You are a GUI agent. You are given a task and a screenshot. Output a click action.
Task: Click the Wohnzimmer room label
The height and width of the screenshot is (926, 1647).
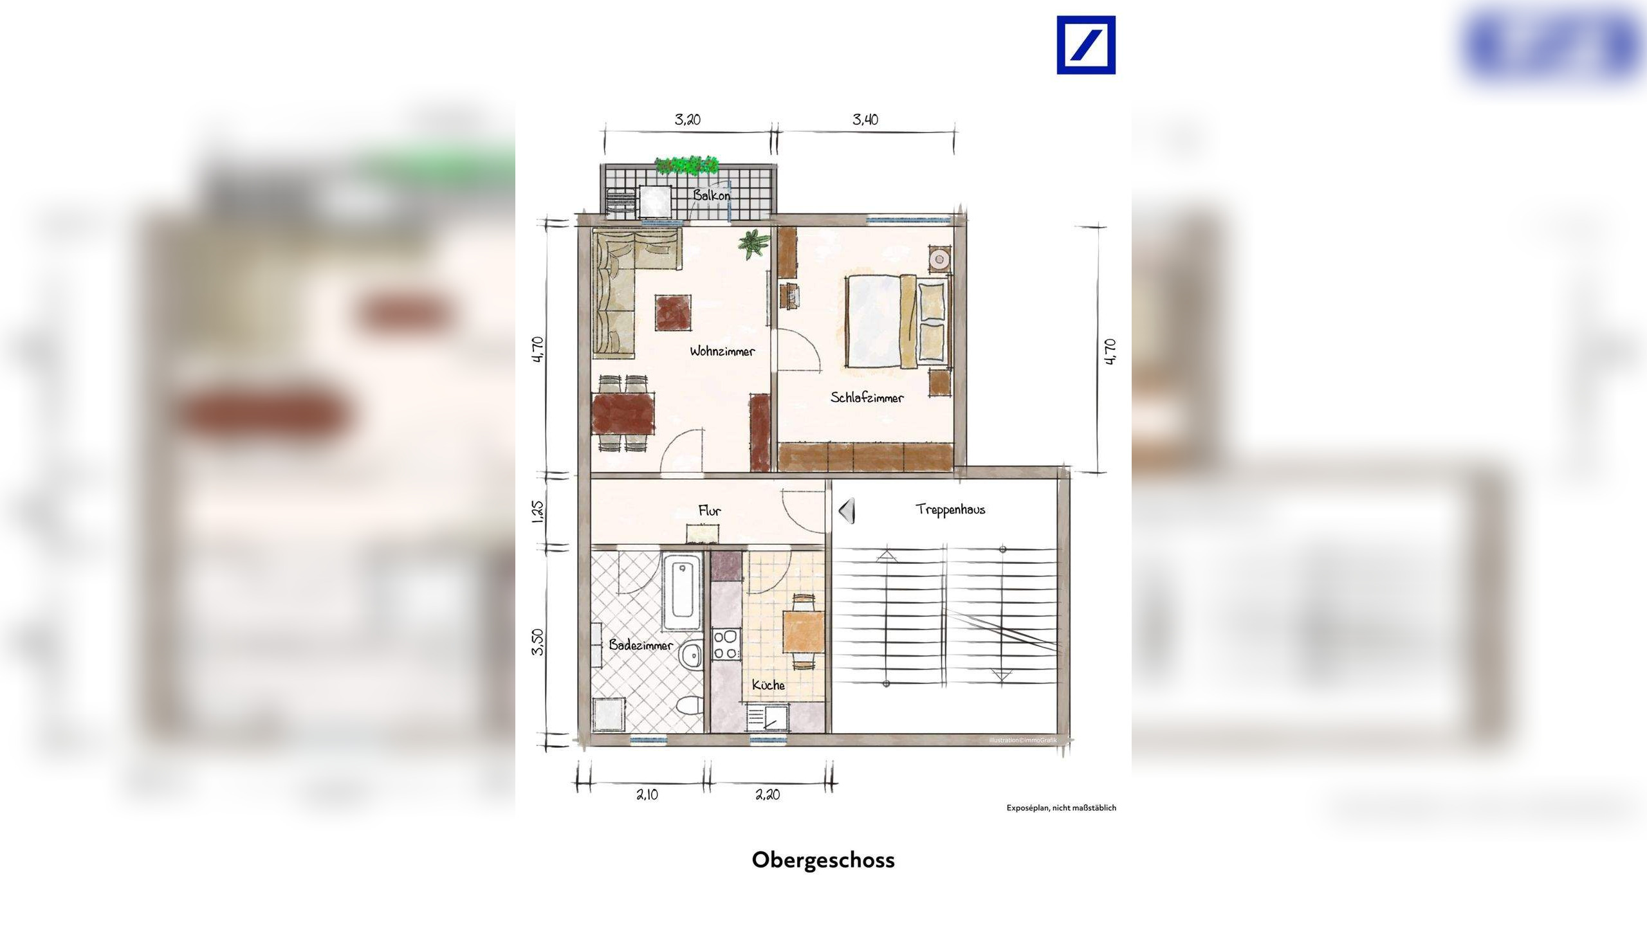(722, 351)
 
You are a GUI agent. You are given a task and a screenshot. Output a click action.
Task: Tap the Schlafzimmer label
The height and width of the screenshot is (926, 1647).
(867, 397)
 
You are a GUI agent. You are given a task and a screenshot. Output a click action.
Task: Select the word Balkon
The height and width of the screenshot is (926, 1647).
(711, 194)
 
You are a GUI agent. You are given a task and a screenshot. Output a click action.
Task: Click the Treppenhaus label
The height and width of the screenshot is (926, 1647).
(950, 509)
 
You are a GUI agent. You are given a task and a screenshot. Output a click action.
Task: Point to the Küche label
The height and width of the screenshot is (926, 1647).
(768, 685)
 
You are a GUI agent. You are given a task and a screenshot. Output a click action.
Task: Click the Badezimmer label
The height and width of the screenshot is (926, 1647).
(641, 644)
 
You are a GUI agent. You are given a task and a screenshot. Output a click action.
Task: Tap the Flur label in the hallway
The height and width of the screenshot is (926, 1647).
(710, 511)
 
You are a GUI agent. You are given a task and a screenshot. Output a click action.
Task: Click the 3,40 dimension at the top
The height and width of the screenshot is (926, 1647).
(865, 119)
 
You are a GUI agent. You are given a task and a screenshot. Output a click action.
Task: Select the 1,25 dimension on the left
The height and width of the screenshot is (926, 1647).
(538, 511)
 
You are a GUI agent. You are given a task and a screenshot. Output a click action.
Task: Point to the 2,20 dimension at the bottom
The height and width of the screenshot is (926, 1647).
(767, 795)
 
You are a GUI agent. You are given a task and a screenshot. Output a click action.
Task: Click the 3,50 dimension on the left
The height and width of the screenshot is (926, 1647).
(538, 642)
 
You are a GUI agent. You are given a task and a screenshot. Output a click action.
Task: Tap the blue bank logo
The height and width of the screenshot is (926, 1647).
(1086, 45)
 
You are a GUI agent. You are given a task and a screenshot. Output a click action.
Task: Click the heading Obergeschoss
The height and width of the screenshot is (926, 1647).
(823, 860)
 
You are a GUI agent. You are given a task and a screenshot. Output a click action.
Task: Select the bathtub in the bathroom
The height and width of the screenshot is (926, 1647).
(682, 592)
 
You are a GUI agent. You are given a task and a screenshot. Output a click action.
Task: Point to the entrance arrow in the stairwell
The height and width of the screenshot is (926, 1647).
(847, 511)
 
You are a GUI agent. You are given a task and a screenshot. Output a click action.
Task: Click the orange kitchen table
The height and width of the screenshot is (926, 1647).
(803, 632)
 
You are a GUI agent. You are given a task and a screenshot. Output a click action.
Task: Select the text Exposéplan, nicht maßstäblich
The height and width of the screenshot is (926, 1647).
(1061, 808)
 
